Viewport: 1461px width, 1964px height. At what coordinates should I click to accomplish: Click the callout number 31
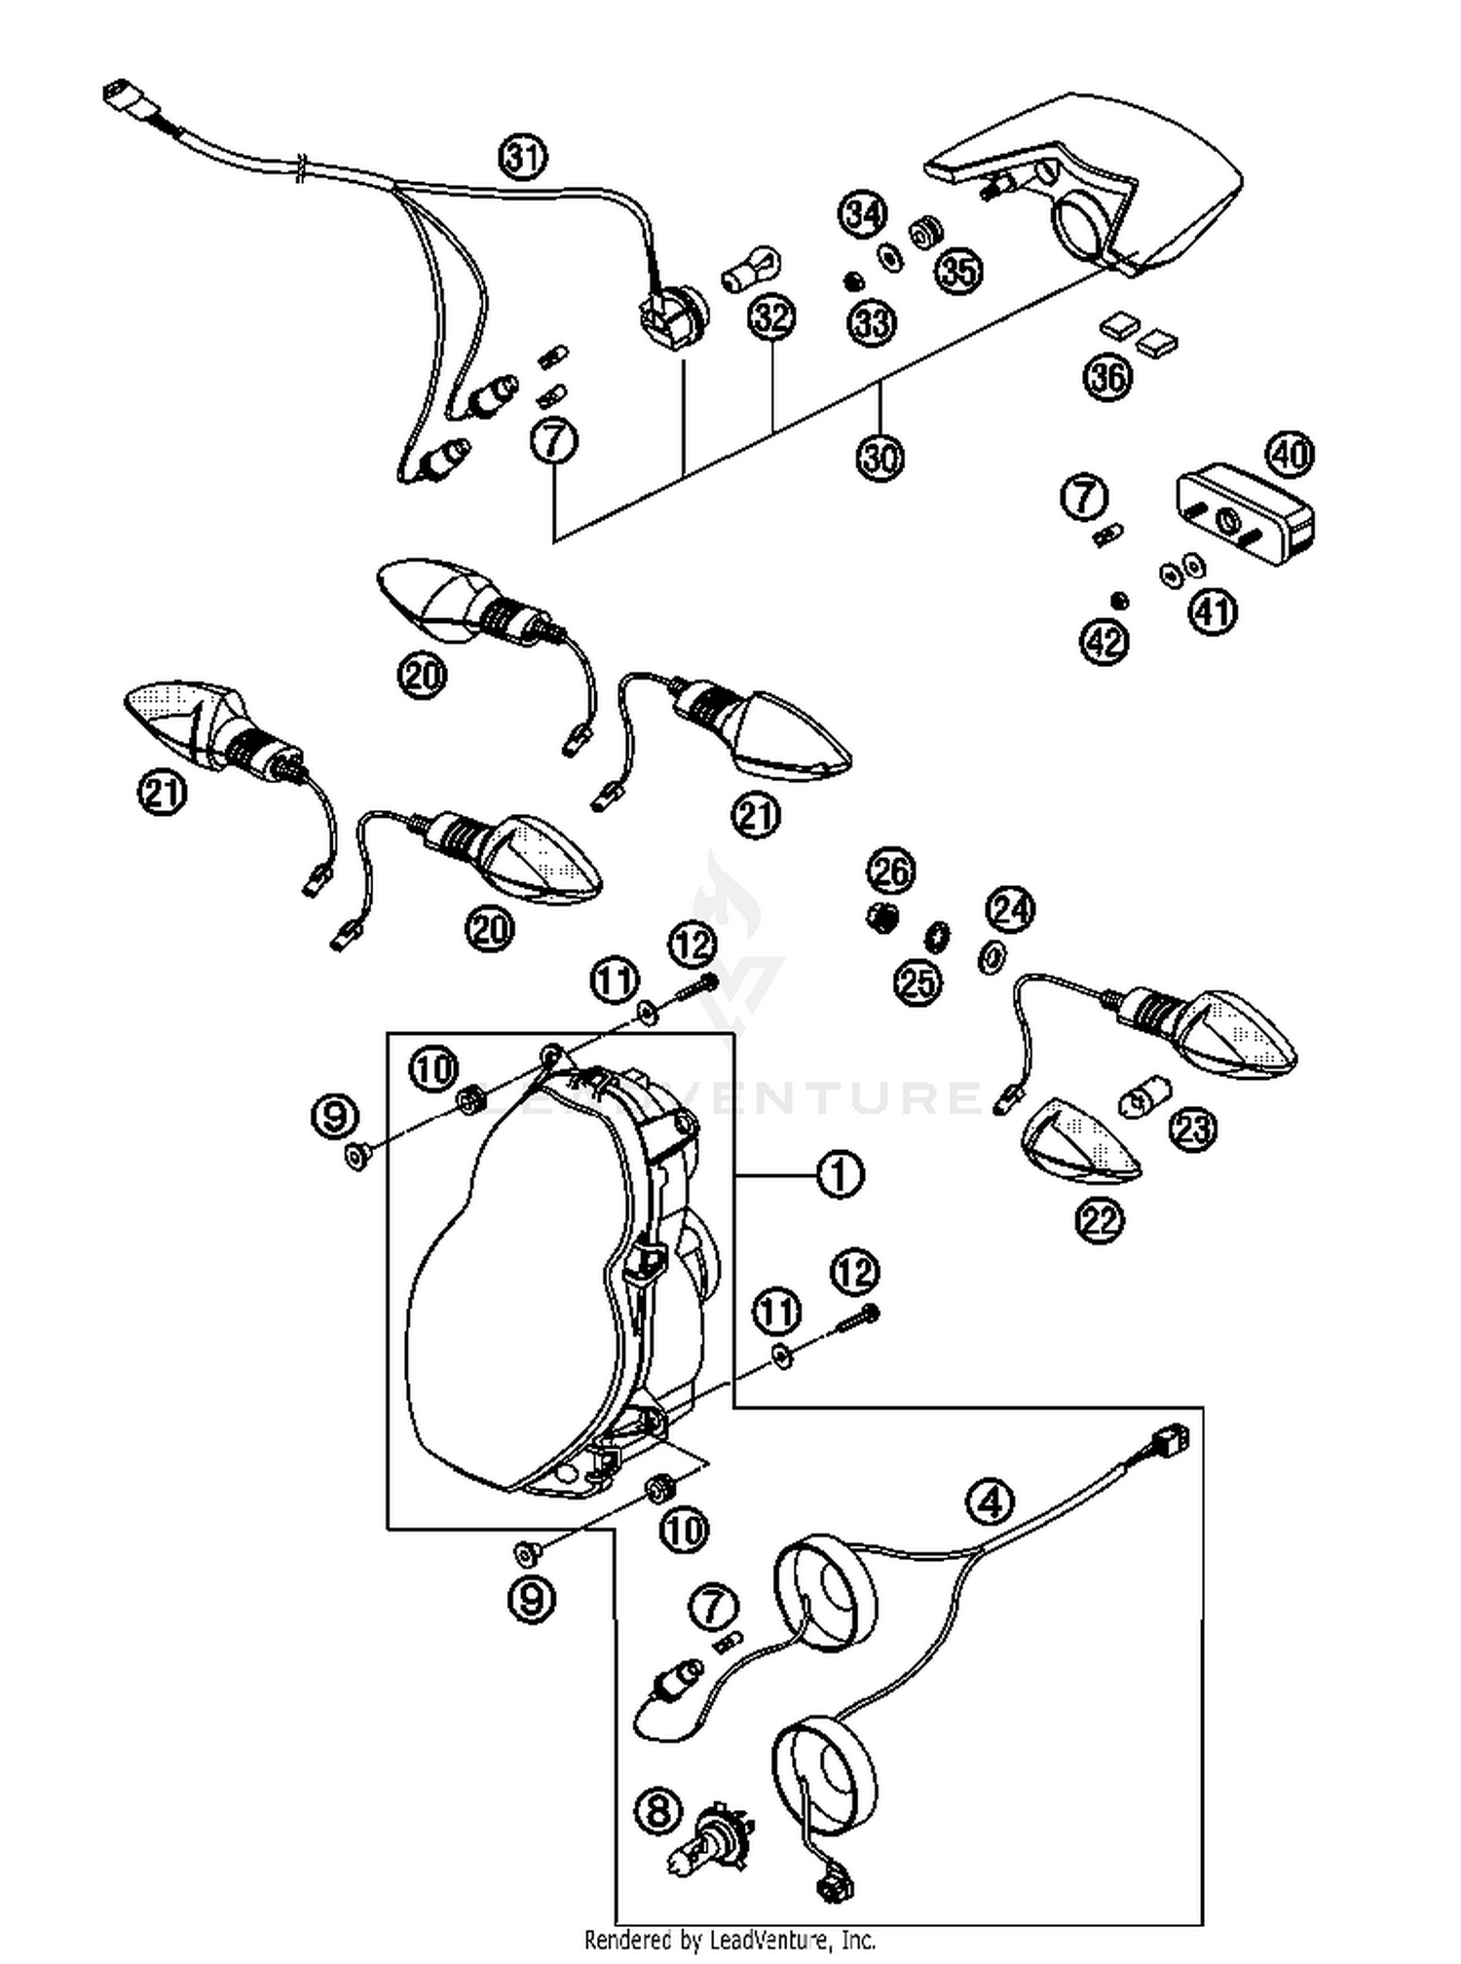523,157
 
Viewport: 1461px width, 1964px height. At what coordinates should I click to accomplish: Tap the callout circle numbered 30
880,456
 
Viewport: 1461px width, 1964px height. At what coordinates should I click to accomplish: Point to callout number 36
1108,376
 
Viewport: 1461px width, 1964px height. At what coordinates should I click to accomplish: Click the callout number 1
840,1174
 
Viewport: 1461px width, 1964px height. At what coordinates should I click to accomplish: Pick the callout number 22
1101,1220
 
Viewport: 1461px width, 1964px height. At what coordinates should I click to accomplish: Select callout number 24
1010,909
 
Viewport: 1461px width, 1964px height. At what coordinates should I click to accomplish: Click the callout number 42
1105,642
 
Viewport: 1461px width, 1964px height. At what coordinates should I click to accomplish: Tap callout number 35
959,270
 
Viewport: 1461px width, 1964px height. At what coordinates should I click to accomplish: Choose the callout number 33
872,321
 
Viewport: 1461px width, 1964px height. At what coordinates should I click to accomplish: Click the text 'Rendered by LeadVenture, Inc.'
730,1940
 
